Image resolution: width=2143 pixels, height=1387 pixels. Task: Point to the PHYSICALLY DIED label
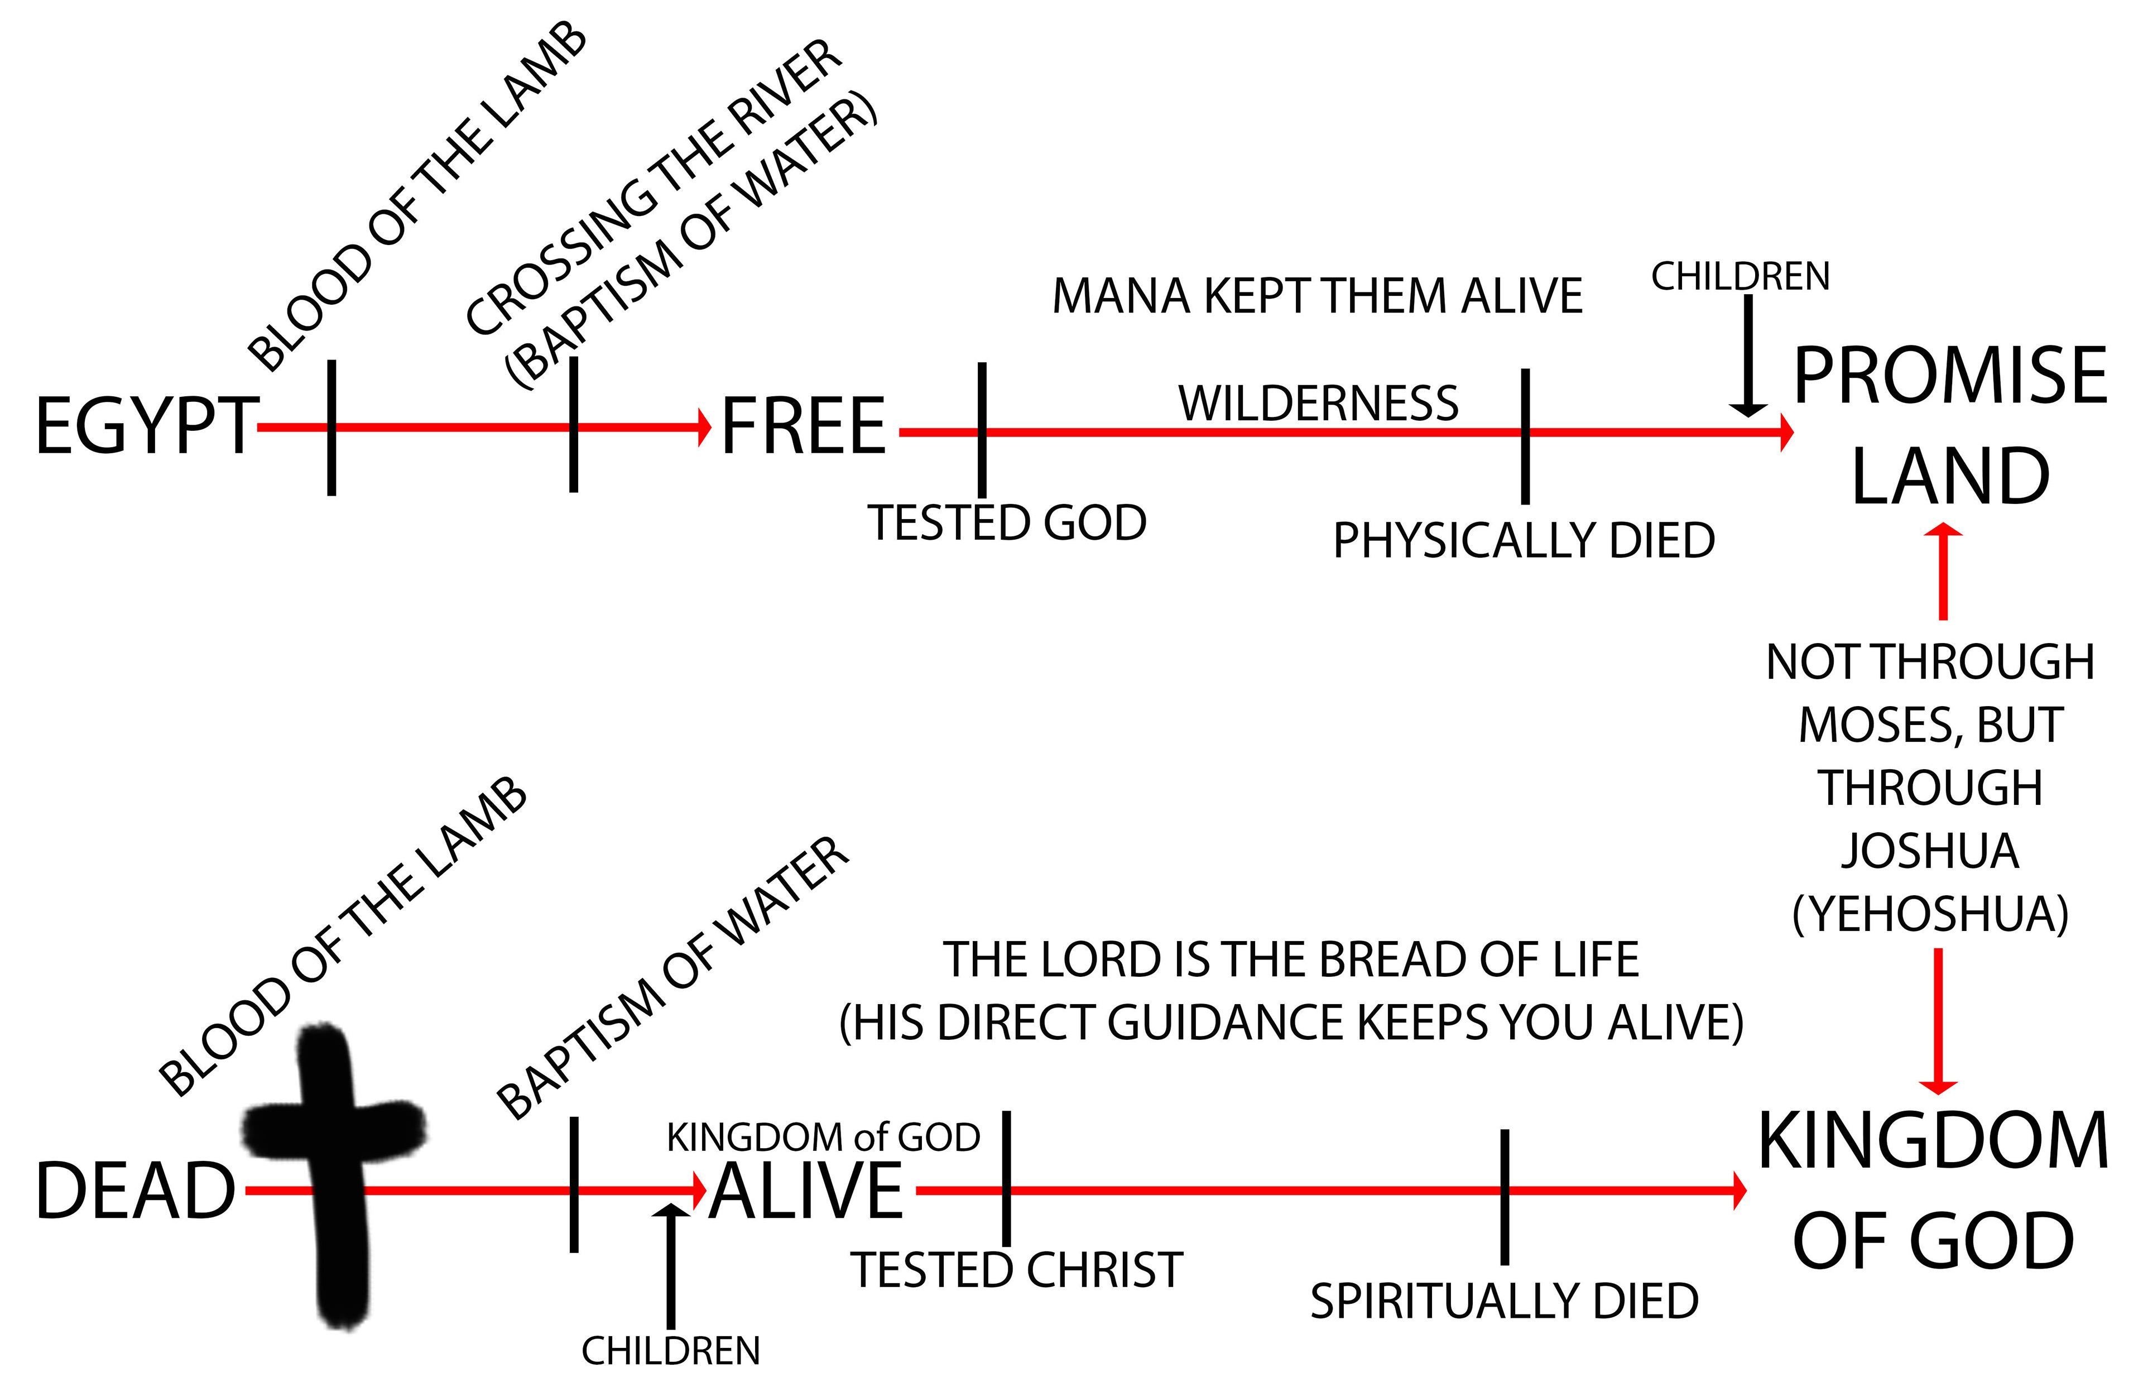(1524, 540)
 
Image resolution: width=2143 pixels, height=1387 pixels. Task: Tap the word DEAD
(135, 1191)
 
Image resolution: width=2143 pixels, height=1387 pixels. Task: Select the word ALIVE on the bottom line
(806, 1191)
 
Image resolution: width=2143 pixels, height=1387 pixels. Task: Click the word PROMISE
(1949, 376)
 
